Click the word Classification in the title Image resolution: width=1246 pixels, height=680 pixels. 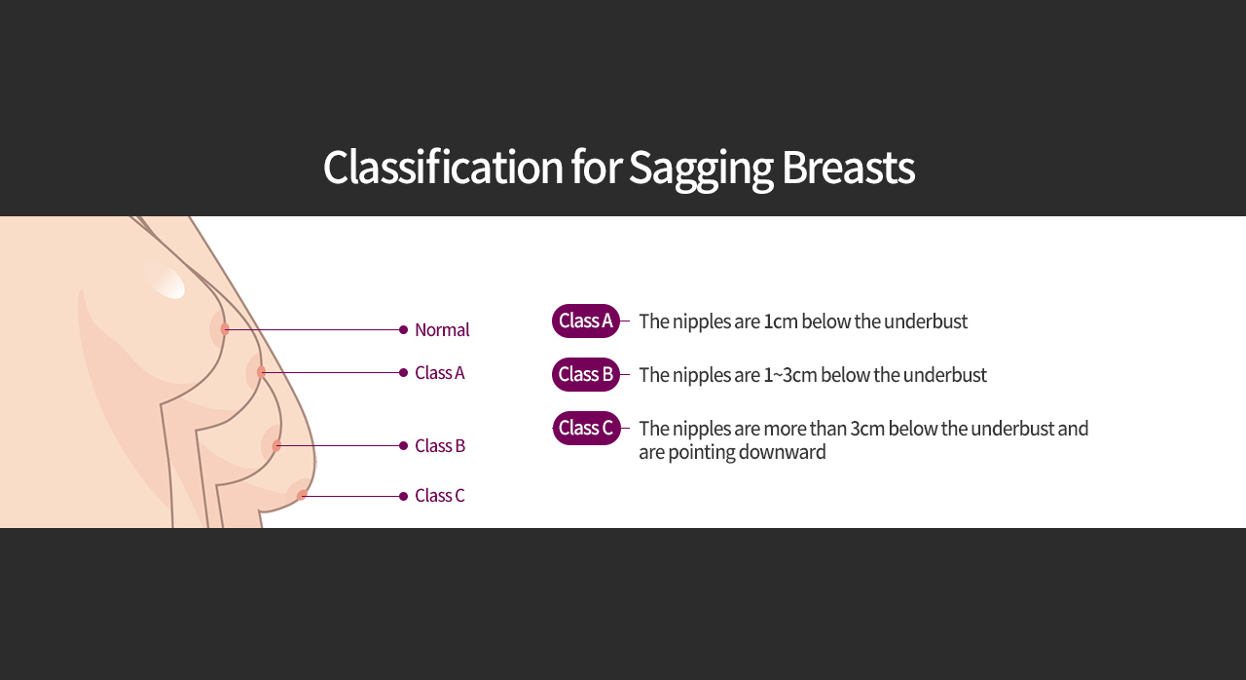pyautogui.click(x=443, y=167)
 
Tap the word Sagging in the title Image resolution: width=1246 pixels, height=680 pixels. pyautogui.click(x=702, y=170)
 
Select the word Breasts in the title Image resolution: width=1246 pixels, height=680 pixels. pyautogui.click(x=848, y=167)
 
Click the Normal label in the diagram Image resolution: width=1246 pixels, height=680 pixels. pyautogui.click(x=442, y=330)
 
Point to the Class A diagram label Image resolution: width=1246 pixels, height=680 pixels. pyautogui.click(x=439, y=373)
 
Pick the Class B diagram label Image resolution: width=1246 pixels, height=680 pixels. pyautogui.click(x=440, y=446)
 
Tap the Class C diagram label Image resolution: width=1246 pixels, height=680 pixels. pyautogui.click(x=439, y=495)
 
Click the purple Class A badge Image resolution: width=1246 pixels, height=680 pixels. pyautogui.click(x=586, y=321)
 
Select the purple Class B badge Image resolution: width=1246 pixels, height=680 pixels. pyautogui.click(x=586, y=374)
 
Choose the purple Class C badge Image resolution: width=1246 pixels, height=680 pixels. pyautogui.click(x=586, y=428)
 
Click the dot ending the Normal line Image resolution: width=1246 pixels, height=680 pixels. pyautogui.click(x=404, y=330)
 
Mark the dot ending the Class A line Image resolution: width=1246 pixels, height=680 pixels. pyautogui.click(x=404, y=373)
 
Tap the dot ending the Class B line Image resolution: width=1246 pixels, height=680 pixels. pyautogui.click(x=404, y=446)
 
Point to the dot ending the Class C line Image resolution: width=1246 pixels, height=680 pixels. pyautogui.click(x=404, y=497)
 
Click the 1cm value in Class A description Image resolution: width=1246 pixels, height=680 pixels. pyautogui.click(x=781, y=321)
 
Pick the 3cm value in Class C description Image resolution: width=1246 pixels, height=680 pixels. pyautogui.click(x=867, y=429)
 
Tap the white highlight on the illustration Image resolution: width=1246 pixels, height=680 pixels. pyautogui.click(x=165, y=280)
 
